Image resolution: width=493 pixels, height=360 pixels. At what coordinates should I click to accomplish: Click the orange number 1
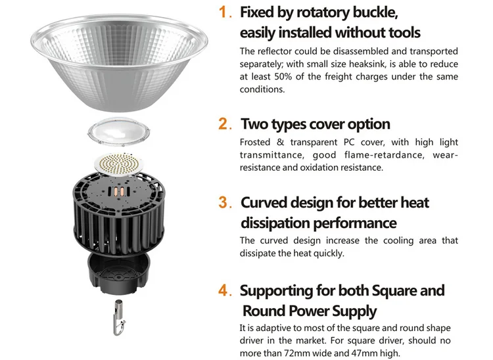225,13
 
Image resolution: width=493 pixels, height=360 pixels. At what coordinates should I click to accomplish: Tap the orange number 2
225,124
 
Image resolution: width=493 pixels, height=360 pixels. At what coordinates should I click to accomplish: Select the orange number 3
224,203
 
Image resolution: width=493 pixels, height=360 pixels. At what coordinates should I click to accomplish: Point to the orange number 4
225,290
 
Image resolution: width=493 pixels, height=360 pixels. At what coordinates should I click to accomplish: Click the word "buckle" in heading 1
374,12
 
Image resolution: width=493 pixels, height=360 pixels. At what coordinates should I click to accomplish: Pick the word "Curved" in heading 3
264,202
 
